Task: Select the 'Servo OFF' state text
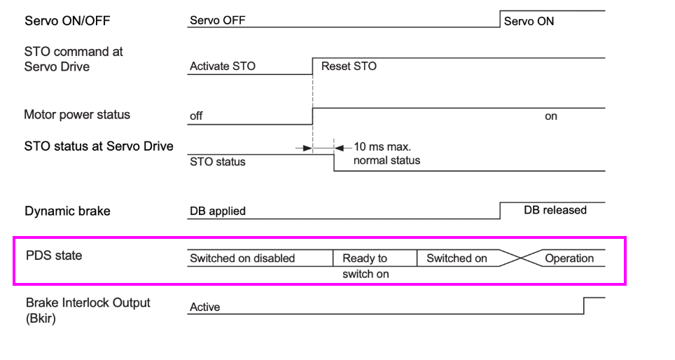[217, 20]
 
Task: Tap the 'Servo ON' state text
[529, 22]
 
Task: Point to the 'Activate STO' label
[222, 67]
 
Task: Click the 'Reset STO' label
[349, 67]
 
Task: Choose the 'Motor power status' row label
[77, 115]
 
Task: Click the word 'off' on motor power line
[196, 116]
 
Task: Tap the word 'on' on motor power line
[551, 116]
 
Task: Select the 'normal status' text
[387, 160]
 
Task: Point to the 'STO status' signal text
[217, 162]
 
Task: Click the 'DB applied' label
[217, 211]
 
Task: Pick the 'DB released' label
[555, 210]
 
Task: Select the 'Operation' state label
[569, 258]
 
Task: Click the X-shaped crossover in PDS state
[519, 258]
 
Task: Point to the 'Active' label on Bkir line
[204, 307]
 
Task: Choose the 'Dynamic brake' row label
[67, 211]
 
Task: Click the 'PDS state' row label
[53, 256]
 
